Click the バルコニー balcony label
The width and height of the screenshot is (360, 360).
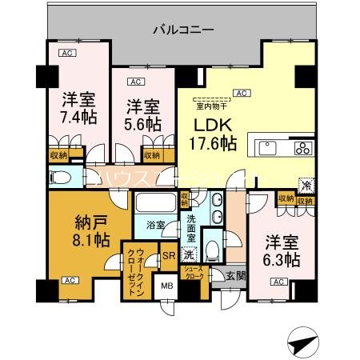pyautogui.click(x=183, y=30)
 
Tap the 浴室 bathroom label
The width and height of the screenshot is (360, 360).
pyautogui.click(x=156, y=226)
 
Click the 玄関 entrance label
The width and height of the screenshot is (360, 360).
pyautogui.click(x=234, y=277)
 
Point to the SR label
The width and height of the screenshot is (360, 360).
pyautogui.click(x=169, y=256)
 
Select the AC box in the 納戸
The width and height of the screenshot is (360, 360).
pyautogui.click(x=69, y=281)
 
